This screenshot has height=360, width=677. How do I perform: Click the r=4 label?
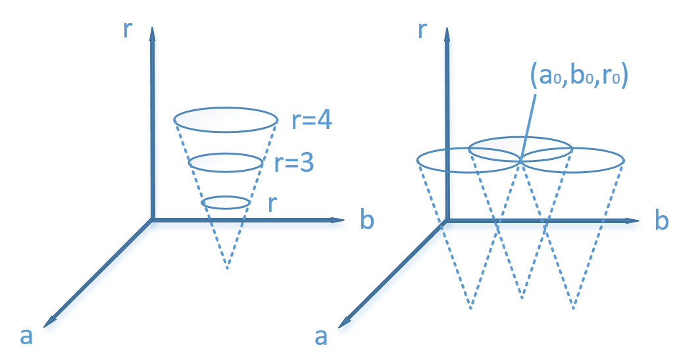[312, 122]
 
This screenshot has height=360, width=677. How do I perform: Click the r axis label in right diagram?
[424, 30]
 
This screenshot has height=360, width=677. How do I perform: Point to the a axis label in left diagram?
[26, 336]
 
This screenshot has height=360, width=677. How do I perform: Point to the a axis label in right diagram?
[321, 336]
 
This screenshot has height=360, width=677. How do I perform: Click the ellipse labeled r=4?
[225, 120]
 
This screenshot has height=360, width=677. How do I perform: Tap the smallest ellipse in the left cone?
[225, 202]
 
